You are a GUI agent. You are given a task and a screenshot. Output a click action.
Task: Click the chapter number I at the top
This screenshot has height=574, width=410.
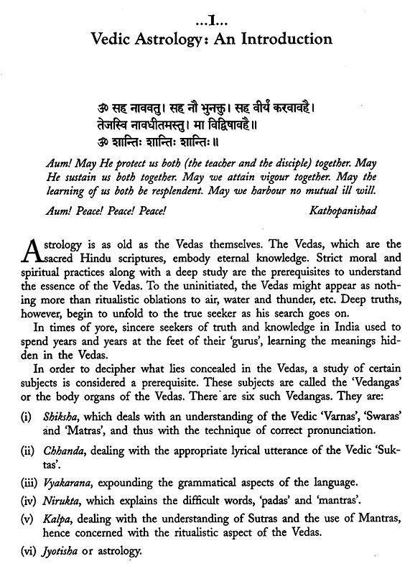[205, 14]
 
